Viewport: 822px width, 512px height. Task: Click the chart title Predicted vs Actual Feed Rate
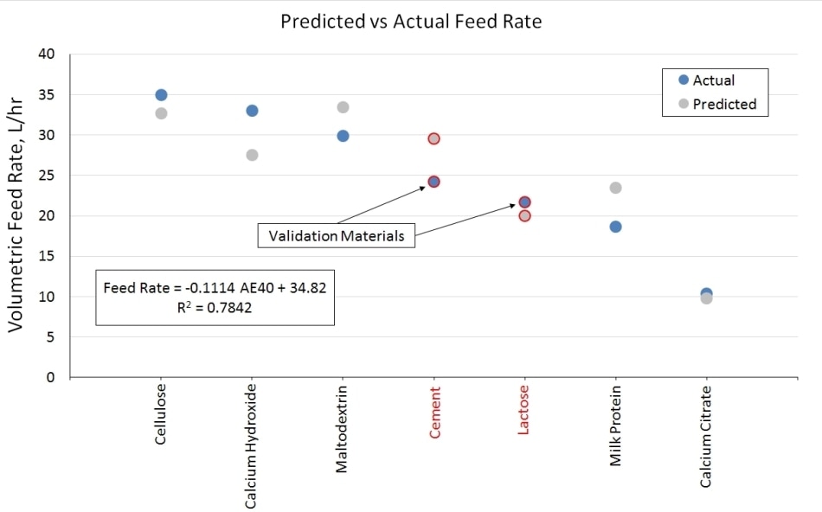click(411, 22)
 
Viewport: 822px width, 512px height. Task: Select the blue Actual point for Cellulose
click(161, 95)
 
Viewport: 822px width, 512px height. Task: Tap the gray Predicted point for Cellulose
click(161, 113)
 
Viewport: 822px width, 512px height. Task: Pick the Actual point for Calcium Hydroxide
click(252, 111)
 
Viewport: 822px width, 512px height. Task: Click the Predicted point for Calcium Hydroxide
click(252, 155)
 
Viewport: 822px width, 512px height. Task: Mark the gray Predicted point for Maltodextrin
click(343, 107)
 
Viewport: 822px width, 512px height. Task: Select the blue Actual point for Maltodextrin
click(343, 136)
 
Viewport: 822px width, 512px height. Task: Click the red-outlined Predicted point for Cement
click(433, 138)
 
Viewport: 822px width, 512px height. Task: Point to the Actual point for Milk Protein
click(615, 227)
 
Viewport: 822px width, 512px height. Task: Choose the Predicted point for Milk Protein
click(615, 188)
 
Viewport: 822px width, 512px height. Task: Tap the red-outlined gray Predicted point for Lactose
click(524, 215)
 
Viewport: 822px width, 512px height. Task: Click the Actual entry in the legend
click(713, 80)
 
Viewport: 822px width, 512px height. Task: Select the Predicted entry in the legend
click(723, 104)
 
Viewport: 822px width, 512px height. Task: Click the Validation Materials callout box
click(336, 236)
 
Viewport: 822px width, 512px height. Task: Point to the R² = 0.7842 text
click(215, 308)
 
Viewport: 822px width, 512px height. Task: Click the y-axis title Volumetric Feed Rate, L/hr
click(16, 216)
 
